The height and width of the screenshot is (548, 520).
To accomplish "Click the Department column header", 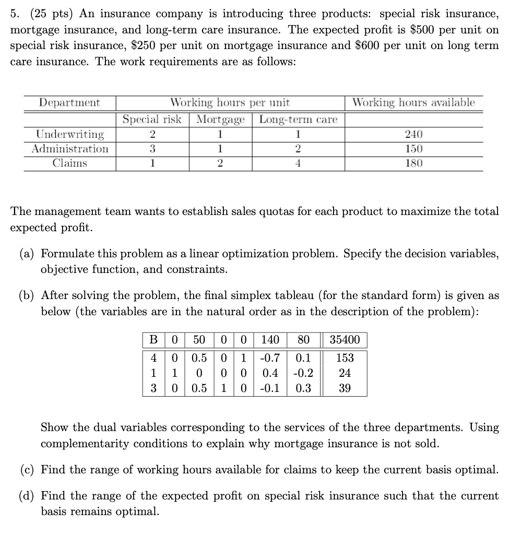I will coord(70,103).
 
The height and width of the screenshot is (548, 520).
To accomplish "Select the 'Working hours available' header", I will coord(413,103).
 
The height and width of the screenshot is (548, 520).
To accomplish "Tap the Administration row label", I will coord(70,149).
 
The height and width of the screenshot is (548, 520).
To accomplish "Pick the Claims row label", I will coord(70,163).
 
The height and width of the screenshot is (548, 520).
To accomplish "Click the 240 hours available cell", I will coord(413,134).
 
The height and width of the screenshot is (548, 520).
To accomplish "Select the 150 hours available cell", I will coord(413,149).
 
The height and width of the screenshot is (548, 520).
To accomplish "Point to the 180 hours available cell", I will coord(413,163).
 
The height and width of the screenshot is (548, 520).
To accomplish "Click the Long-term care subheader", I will coord(298,120).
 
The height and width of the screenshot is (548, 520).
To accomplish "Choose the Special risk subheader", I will coord(152,120).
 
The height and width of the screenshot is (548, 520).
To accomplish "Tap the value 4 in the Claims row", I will coord(298,163).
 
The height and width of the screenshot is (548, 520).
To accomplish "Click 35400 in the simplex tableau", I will coord(345,340).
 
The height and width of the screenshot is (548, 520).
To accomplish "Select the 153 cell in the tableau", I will coord(345,358).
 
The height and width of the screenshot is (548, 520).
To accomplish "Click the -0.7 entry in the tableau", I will coord(270,358).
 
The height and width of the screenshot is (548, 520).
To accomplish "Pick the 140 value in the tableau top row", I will coord(270,340).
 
